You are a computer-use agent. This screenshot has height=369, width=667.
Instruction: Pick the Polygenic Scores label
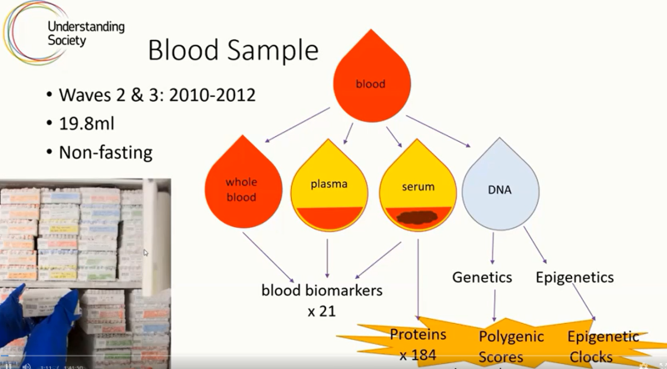pos(510,346)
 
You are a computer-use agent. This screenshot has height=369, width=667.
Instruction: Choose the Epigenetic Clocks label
pos(603,346)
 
